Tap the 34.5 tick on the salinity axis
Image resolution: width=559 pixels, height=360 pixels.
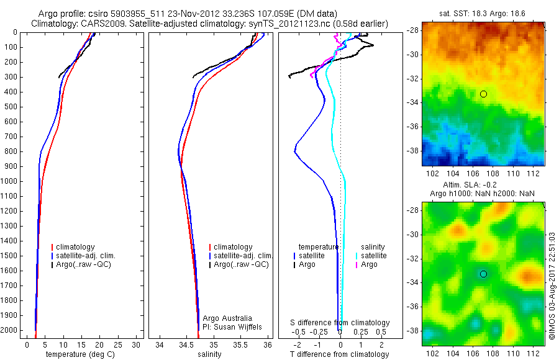tap(186, 344)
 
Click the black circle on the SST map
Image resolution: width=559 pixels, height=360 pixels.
tap(483, 94)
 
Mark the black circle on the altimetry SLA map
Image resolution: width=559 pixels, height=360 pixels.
tap(483, 274)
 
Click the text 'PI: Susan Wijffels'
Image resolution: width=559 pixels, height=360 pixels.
tap(233, 326)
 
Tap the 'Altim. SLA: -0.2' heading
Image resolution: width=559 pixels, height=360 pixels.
tap(483, 186)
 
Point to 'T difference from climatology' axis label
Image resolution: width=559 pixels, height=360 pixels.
tap(340, 354)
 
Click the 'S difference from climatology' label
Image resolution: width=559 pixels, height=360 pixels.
tap(340, 323)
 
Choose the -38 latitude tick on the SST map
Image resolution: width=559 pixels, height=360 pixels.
tap(413, 150)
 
